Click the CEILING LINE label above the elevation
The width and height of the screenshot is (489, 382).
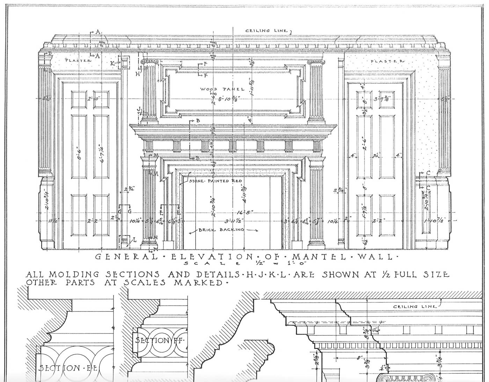pos(267,31)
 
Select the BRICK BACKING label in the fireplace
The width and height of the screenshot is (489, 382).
pos(217,230)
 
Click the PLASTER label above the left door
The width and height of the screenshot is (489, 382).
pos(78,60)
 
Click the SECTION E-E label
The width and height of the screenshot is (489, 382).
pos(70,368)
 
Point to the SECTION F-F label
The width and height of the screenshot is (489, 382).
pos(159,340)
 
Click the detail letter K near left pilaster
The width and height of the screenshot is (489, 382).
pos(112,63)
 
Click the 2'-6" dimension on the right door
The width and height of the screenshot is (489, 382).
pos(364,143)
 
